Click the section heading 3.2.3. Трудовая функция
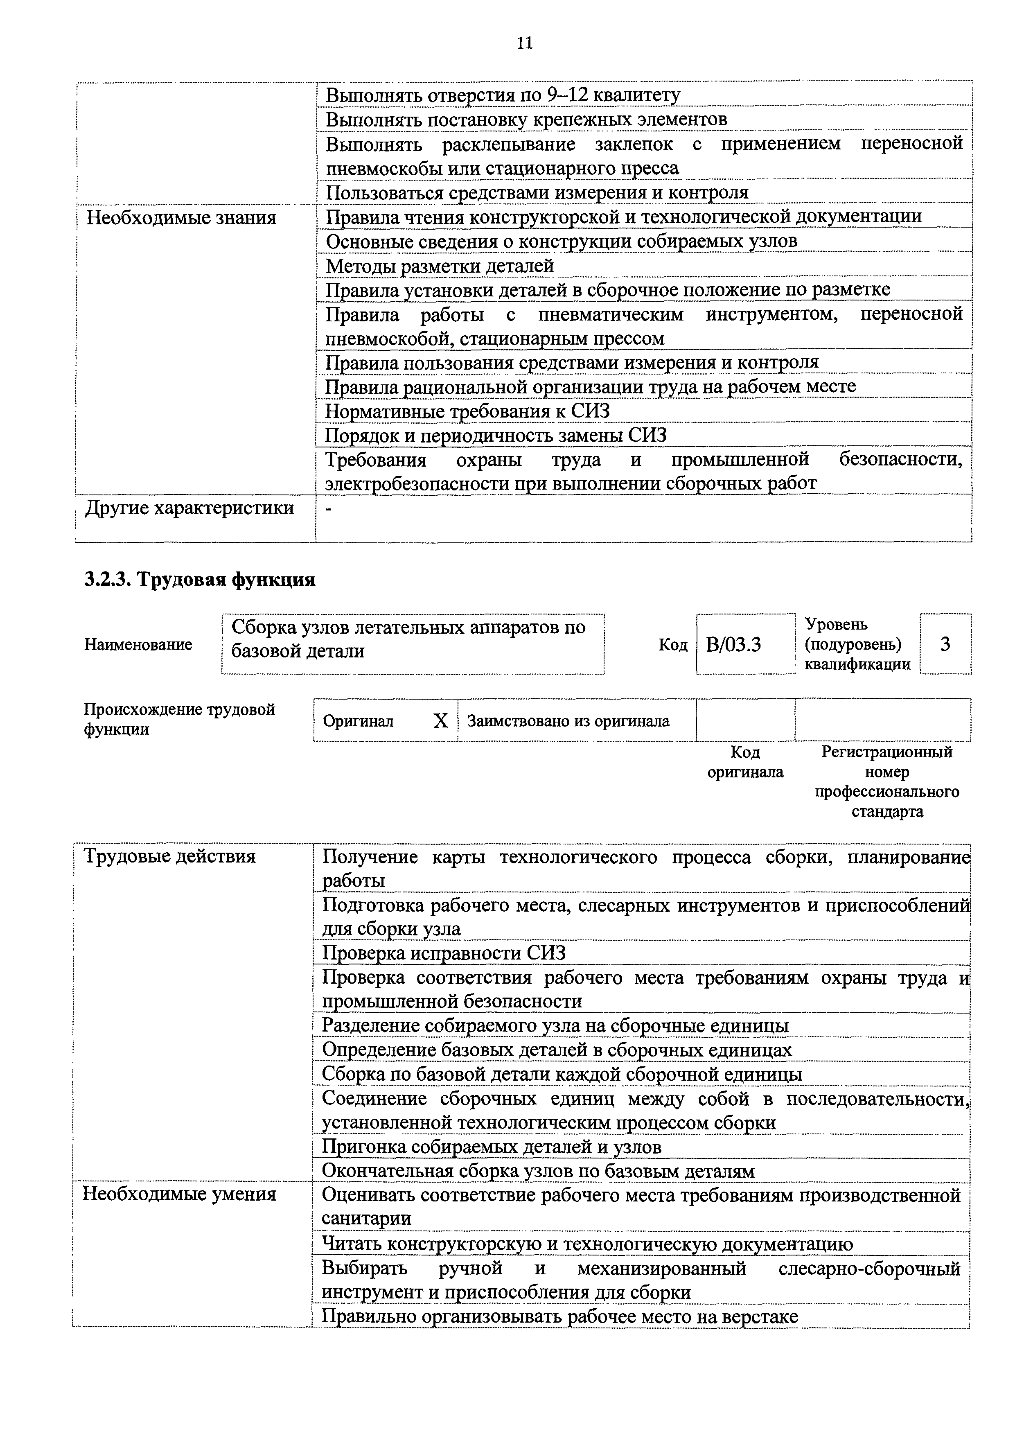pyautogui.click(x=199, y=580)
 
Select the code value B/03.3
pyautogui.click(x=733, y=644)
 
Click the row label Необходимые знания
pyautogui.click(x=181, y=218)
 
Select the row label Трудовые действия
pyautogui.click(x=169, y=856)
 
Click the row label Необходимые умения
pyautogui.click(x=180, y=1193)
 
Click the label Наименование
pyautogui.click(x=138, y=644)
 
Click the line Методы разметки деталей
pyautogui.click(x=440, y=266)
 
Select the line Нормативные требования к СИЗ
pyautogui.click(x=467, y=411)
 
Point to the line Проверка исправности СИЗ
pyautogui.click(x=443, y=953)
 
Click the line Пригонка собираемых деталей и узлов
pyautogui.click(x=491, y=1147)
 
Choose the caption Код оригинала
pyautogui.click(x=745, y=762)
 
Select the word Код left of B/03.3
pyautogui.click(x=673, y=645)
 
